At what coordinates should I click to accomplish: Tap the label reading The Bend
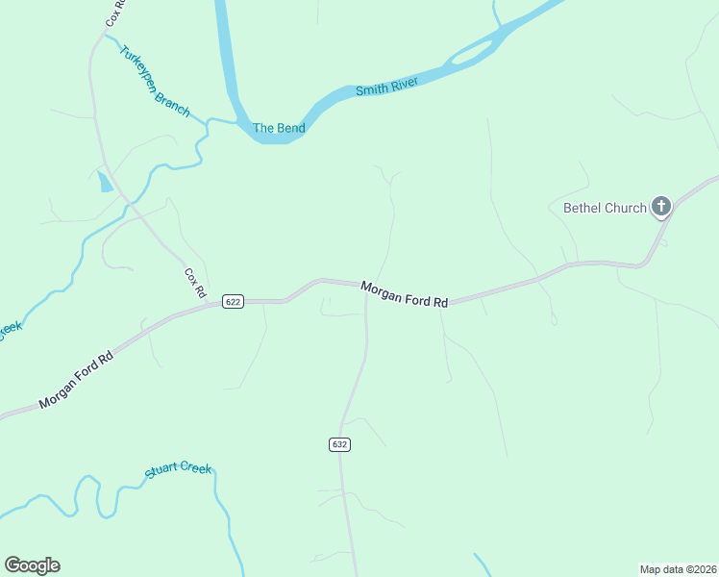pyautogui.click(x=279, y=128)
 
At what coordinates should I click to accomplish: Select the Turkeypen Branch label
pyautogui.click(x=155, y=82)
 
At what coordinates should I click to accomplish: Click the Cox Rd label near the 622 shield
pyautogui.click(x=195, y=282)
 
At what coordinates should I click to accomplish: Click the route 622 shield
pyautogui.click(x=233, y=301)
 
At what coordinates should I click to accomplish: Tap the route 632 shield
pyautogui.click(x=339, y=444)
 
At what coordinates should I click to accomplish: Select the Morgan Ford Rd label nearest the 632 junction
pyautogui.click(x=405, y=294)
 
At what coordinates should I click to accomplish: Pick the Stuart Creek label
pyautogui.click(x=178, y=470)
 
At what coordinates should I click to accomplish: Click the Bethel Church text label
pyautogui.click(x=605, y=208)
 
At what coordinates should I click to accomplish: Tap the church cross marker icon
pyautogui.click(x=661, y=206)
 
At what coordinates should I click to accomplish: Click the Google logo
pyautogui.click(x=32, y=565)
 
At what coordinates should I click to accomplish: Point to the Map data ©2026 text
pyautogui.click(x=678, y=568)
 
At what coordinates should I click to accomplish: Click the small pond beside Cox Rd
pyautogui.click(x=105, y=182)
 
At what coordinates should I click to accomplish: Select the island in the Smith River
pyautogui.click(x=474, y=54)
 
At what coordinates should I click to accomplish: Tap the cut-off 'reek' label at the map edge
pyautogui.click(x=10, y=329)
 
